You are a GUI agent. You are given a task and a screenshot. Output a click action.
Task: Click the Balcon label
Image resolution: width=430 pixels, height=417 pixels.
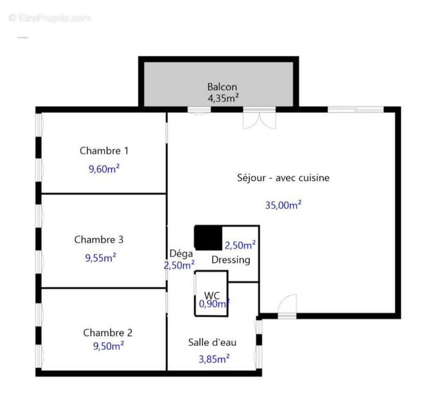click(222, 87)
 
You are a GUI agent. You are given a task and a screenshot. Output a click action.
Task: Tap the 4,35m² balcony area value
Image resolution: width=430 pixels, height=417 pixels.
click(223, 97)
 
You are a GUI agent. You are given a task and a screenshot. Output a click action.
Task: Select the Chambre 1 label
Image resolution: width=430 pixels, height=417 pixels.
click(104, 151)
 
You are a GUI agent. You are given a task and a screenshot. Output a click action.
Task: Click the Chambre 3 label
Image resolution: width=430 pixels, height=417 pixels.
click(99, 240)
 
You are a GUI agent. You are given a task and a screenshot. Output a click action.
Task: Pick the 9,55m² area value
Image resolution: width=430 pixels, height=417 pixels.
click(100, 257)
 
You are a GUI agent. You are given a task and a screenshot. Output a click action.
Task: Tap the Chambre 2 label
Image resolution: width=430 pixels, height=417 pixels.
click(107, 333)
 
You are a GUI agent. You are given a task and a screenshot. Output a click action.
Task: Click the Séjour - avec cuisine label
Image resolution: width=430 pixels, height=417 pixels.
click(283, 178)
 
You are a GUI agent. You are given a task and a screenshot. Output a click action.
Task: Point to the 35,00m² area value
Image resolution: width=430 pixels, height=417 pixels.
click(283, 205)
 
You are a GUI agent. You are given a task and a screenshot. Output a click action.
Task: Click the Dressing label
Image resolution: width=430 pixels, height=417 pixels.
click(230, 260)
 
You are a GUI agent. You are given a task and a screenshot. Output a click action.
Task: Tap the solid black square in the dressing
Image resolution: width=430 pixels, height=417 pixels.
click(207, 238)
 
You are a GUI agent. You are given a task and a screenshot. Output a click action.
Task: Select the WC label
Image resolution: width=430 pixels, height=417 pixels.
click(212, 295)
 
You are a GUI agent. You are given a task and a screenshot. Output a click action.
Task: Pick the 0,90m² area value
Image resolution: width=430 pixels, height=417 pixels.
click(214, 304)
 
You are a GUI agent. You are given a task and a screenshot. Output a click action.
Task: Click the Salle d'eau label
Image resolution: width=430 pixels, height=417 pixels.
click(212, 342)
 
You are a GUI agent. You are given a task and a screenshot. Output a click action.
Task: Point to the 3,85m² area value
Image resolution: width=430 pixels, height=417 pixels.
click(214, 359)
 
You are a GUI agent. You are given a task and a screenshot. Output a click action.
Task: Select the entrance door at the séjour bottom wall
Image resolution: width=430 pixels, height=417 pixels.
click(287, 307)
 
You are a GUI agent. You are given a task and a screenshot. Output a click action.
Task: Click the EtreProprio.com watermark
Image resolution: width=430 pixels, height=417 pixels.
click(50, 18)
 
